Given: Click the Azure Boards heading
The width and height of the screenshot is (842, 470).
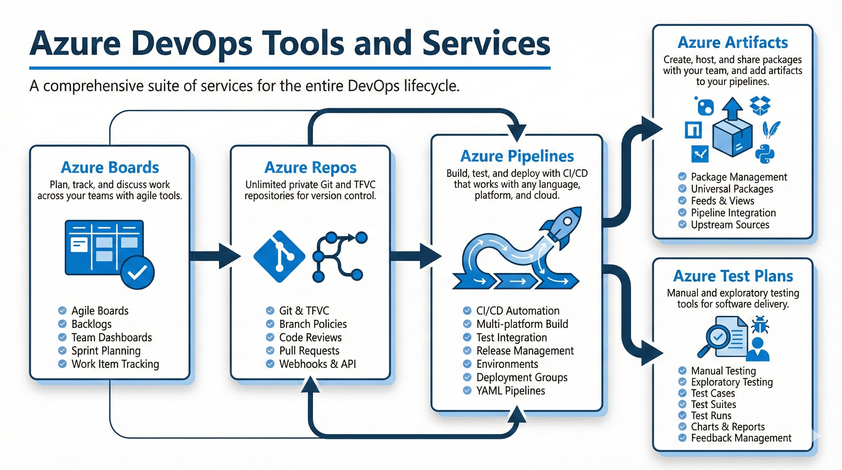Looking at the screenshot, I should [110, 167].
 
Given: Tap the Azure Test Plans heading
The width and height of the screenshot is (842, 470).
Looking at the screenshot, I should [733, 276].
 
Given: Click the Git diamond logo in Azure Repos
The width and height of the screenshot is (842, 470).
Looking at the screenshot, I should [279, 256].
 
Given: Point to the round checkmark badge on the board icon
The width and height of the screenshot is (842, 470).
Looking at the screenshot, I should [137, 272].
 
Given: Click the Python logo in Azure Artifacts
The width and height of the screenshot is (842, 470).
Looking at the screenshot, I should [765, 154].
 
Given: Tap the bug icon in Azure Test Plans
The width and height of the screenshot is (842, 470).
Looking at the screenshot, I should [760, 325].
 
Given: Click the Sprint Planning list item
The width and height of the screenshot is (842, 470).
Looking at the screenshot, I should [106, 351].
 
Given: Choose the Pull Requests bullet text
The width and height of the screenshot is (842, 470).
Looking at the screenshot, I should [309, 351].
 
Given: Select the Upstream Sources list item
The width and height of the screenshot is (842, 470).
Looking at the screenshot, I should [730, 225].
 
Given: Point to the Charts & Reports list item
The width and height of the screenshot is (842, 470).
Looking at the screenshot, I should [728, 427].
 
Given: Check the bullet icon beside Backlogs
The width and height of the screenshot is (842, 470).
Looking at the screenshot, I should [62, 324].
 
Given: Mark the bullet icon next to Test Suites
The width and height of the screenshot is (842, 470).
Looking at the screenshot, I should [682, 404].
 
